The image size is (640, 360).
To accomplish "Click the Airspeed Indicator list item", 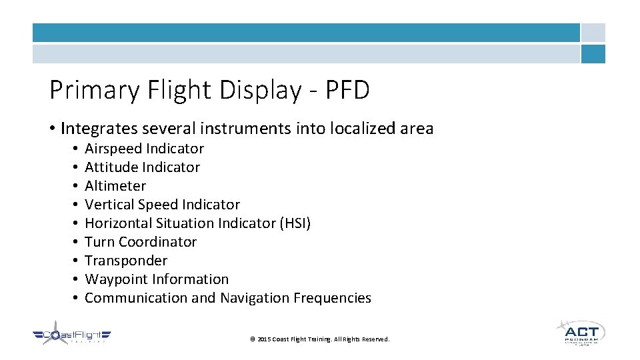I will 144,149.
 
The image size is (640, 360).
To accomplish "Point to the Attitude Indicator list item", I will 142,167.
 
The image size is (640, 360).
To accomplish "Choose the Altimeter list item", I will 115,186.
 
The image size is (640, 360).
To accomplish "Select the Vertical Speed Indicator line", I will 162,205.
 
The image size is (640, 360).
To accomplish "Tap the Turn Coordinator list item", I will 141,242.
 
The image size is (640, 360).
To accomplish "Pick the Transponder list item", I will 126,261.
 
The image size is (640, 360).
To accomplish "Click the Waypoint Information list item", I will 157,279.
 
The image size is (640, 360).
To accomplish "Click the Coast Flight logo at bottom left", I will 72,336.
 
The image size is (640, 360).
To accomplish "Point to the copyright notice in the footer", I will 319,339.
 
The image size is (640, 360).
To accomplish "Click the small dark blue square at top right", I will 593,54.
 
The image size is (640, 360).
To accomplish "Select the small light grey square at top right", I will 593,33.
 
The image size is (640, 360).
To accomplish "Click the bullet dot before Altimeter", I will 77,186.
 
